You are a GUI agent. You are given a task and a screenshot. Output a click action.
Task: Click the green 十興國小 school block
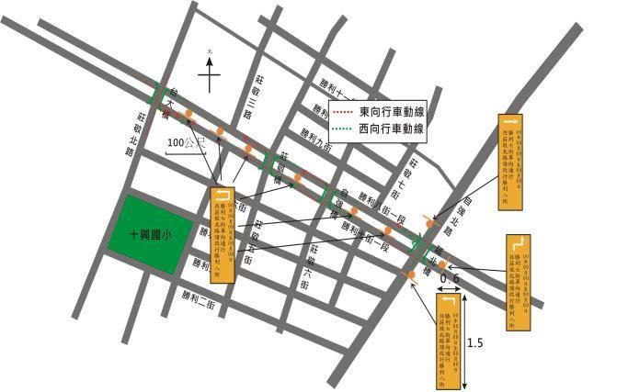(x=151, y=234)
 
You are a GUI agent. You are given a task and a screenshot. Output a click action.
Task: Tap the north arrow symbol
(x=210, y=73)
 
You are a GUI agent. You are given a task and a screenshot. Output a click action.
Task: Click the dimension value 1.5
(x=475, y=343)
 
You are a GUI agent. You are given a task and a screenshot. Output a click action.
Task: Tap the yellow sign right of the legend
(x=510, y=160)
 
